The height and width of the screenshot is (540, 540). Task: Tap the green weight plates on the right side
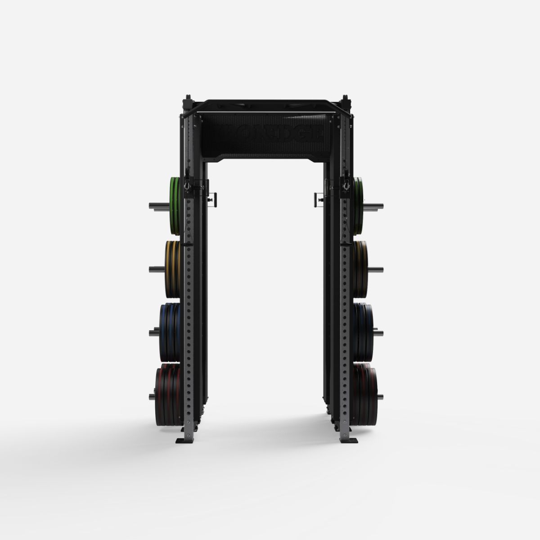point(358,206)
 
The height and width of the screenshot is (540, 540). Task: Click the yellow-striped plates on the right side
point(360,269)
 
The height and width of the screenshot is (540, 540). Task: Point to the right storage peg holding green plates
point(378,206)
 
